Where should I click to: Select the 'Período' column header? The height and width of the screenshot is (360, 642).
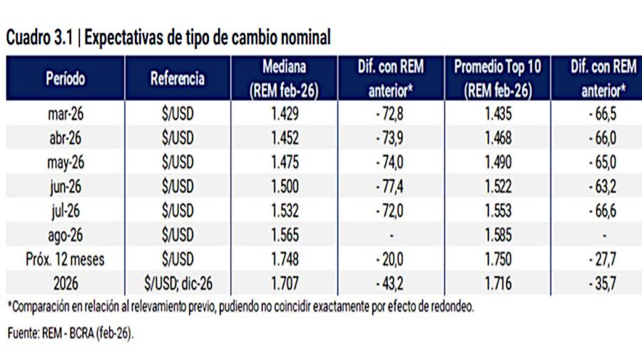click(65, 79)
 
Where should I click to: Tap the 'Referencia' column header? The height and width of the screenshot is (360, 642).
click(178, 79)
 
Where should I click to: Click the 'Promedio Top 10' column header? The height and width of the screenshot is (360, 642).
click(497, 79)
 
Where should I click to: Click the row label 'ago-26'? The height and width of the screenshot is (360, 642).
click(65, 236)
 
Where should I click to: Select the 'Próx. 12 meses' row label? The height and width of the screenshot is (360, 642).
click(65, 259)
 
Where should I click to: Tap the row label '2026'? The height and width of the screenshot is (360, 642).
click(65, 284)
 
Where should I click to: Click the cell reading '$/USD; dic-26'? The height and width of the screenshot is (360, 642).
click(178, 284)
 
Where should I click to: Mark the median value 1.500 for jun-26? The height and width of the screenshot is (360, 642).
click(284, 187)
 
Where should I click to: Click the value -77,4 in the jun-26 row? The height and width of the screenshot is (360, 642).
click(390, 187)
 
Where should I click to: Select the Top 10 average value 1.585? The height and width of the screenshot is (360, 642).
click(497, 236)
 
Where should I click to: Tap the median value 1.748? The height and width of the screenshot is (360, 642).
click(284, 259)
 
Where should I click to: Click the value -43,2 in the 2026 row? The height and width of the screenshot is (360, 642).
click(390, 284)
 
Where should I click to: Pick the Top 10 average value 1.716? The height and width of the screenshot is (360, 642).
click(497, 284)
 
